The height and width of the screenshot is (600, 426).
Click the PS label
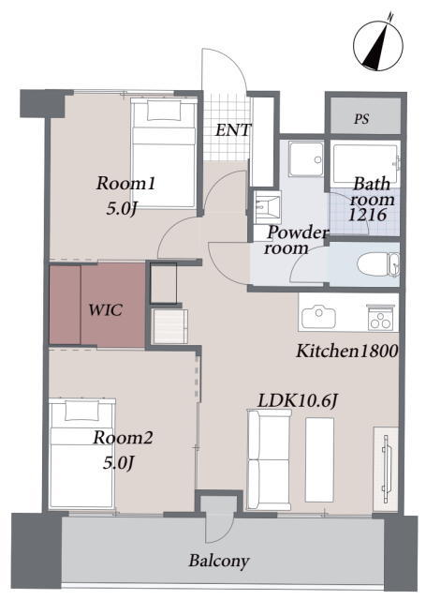pos(361,119)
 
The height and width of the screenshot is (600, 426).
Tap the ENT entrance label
pos(233,130)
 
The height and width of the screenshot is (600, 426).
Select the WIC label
pos(106,309)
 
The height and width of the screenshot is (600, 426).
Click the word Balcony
pos(219,562)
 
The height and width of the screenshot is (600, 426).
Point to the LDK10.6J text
pos(298,401)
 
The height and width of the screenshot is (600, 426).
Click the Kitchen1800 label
pos(347,351)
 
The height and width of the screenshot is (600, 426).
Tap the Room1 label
pos(125,184)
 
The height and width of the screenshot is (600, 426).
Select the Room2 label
pos(123,438)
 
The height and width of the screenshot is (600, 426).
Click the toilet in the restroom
pos(378,264)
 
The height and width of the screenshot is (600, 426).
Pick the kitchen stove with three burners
pos(380,318)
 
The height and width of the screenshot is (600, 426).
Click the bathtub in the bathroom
pos(366,163)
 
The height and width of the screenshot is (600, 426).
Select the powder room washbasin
pos(267,205)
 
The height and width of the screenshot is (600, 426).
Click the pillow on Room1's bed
pos(164,111)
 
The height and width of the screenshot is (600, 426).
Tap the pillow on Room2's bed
pos(82,411)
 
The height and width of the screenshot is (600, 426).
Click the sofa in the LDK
pos(269,459)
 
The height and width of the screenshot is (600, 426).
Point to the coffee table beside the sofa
pos(319,459)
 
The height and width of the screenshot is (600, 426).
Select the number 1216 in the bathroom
pos(368,215)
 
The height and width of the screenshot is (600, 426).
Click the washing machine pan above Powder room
pos(306,159)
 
